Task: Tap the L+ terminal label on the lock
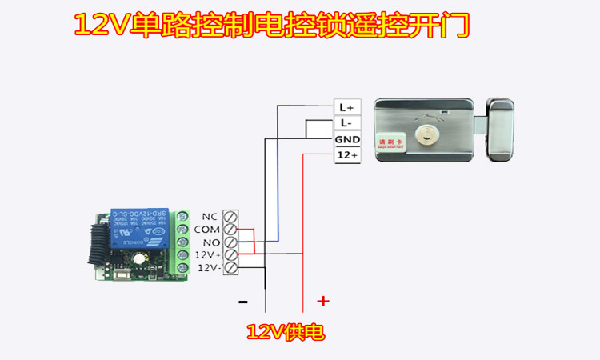[347, 107]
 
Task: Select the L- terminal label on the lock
[346, 123]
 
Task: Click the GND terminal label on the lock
[347, 139]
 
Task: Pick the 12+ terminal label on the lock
[347, 155]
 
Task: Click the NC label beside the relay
[210, 216]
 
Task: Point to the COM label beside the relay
[206, 229]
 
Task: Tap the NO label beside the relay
[210, 242]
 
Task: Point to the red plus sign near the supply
[322, 301]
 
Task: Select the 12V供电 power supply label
[286, 331]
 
